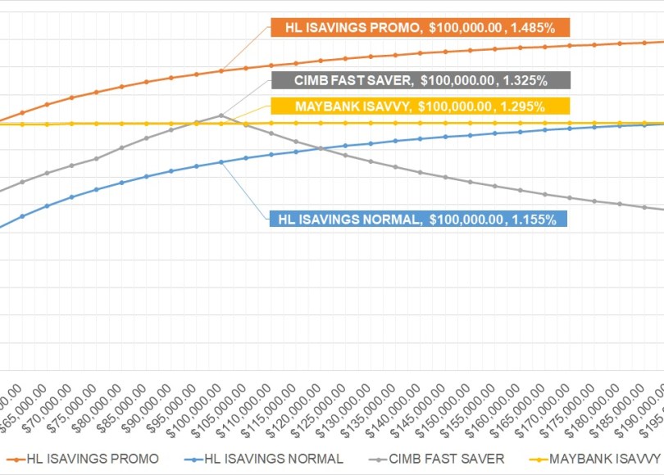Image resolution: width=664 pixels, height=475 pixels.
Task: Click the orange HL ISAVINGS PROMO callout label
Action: click(x=420, y=28)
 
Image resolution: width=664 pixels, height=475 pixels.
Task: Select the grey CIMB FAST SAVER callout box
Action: click(x=420, y=80)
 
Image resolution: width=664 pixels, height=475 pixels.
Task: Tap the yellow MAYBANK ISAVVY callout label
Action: click(x=420, y=106)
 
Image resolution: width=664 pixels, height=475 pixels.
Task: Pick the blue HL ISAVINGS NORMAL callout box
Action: click(x=417, y=219)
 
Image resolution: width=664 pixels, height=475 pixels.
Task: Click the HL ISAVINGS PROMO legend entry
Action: click(x=83, y=459)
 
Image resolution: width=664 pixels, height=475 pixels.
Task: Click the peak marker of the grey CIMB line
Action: click(x=221, y=115)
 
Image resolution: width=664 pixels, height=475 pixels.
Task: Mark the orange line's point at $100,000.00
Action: click(x=221, y=70)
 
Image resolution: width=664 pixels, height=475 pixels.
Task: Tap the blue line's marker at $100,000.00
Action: click(x=221, y=162)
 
